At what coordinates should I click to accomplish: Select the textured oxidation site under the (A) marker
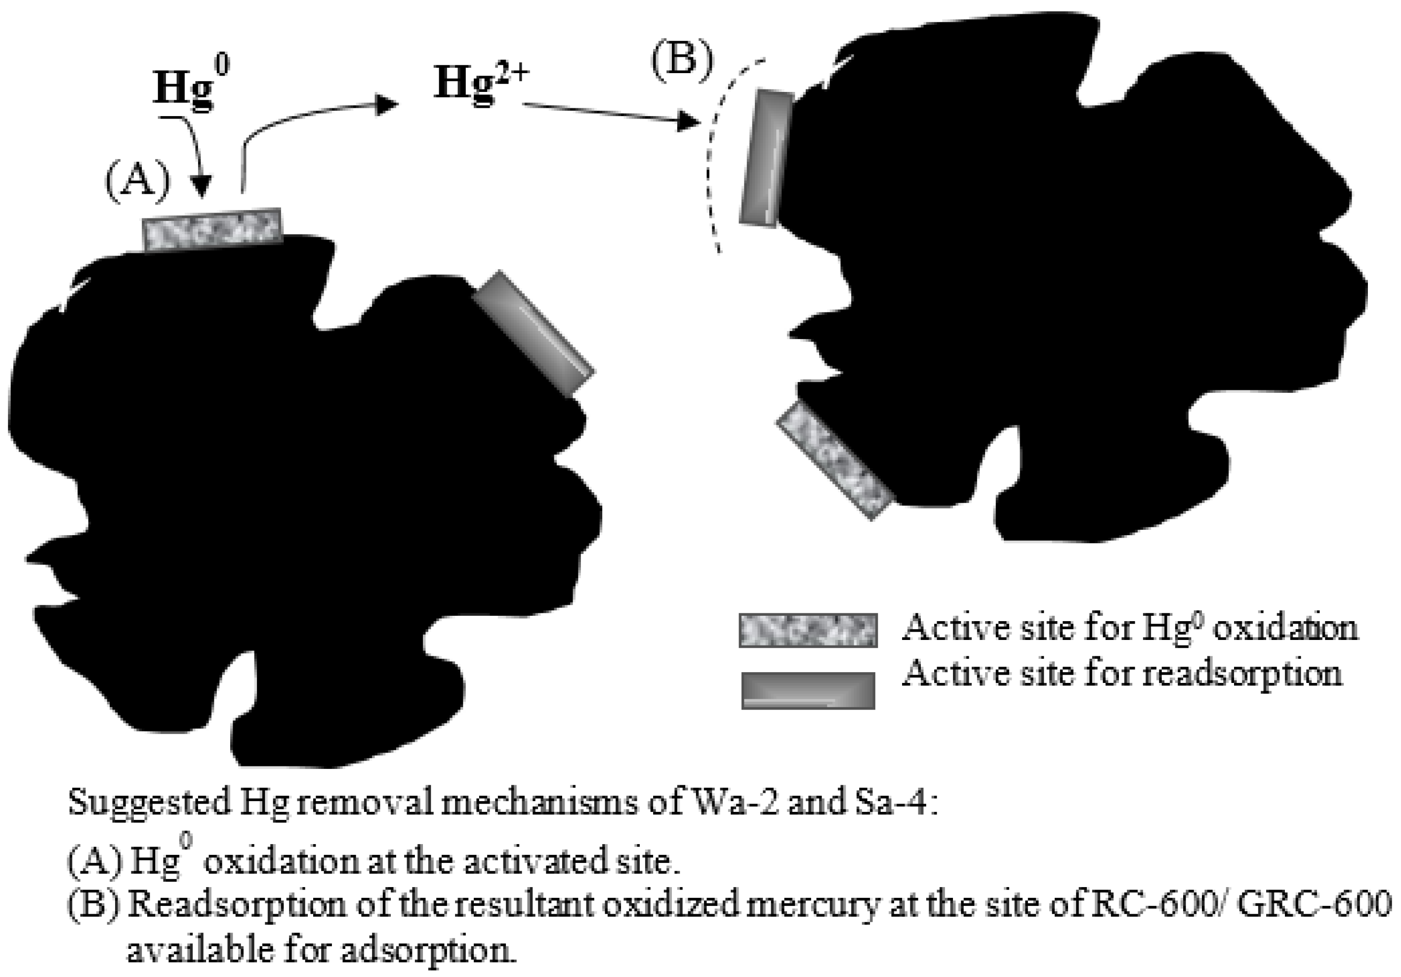(212, 229)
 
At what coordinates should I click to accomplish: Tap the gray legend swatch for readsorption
(808, 690)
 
